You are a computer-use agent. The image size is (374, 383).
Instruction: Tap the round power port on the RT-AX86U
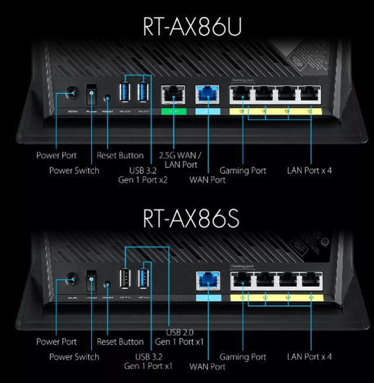coord(73,93)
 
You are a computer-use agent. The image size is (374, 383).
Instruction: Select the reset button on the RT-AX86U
coord(108,93)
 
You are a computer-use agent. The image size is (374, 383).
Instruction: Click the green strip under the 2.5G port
coord(173,110)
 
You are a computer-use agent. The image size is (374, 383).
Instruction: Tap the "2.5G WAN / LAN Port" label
coord(181,160)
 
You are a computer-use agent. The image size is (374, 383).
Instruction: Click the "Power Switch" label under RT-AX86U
coord(74,170)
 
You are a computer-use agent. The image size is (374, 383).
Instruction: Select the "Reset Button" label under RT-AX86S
coord(120,342)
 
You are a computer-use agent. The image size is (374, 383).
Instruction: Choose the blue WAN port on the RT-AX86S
coord(207,280)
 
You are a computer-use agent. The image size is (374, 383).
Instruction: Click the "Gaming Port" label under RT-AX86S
coord(243,356)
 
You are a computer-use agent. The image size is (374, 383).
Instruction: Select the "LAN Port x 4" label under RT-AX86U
coord(310,170)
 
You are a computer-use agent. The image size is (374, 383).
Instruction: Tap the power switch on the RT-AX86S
coord(91,280)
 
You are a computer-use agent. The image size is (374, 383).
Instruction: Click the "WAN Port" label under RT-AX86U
coord(207,180)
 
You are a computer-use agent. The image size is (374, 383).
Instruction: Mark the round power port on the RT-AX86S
coord(73,281)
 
